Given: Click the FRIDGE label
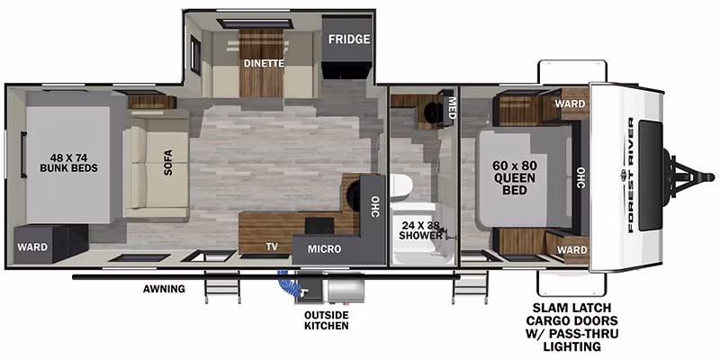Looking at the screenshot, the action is click(349, 40).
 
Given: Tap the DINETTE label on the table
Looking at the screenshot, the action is click(264, 63).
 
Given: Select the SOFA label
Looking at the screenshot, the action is click(168, 163).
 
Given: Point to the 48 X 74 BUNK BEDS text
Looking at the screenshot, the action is click(69, 163).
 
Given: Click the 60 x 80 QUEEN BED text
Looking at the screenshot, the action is click(514, 177).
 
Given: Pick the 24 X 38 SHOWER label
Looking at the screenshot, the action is click(420, 230).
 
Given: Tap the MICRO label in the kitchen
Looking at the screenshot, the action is click(324, 249).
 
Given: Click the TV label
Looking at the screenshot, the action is click(272, 247).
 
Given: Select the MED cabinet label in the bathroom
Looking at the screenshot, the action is click(452, 108).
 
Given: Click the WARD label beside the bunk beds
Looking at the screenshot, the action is click(32, 247).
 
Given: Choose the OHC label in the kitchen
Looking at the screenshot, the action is click(374, 207).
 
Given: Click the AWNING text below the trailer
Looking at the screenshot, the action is click(164, 289).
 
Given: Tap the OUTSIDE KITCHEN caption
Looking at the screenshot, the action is click(327, 320).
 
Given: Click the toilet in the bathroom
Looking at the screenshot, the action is click(401, 187).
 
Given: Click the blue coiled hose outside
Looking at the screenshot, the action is click(289, 283).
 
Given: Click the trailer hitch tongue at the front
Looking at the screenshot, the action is click(688, 176).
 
